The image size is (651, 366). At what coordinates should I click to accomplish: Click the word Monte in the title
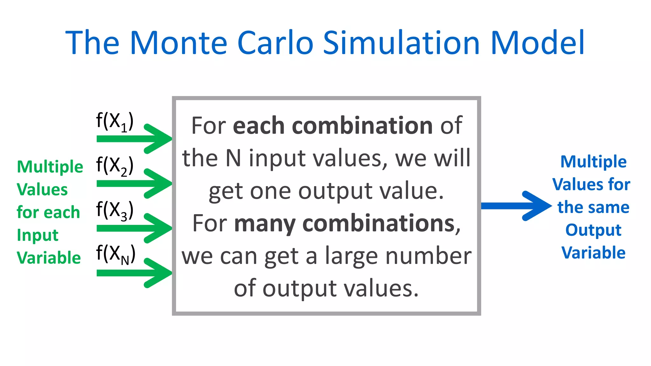click(x=179, y=43)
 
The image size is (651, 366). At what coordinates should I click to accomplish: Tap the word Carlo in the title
click(x=275, y=43)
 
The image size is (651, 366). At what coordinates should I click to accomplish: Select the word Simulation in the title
click(x=401, y=43)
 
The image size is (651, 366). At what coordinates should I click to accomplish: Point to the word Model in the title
click(x=537, y=43)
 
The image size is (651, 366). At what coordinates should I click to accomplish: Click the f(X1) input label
click(x=115, y=122)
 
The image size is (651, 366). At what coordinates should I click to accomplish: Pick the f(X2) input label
click(x=115, y=166)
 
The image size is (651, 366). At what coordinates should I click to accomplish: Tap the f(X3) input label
click(x=115, y=211)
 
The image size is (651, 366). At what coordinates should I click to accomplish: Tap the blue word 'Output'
click(x=593, y=230)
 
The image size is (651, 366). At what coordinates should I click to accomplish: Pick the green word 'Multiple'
click(x=50, y=167)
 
